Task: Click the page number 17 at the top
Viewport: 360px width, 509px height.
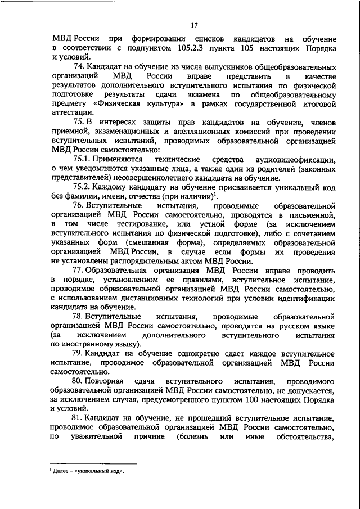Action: [194, 25]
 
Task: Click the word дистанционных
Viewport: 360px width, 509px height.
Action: [159, 298]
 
